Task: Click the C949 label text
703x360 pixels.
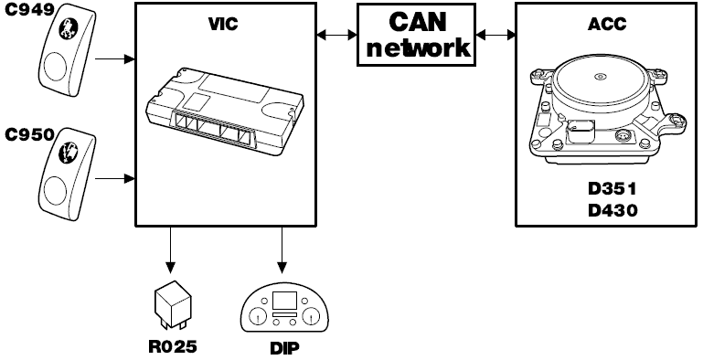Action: click(x=29, y=10)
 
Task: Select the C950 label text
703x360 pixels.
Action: click(x=29, y=134)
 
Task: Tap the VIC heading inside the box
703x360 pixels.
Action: click(x=223, y=24)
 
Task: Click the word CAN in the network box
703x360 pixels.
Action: click(x=418, y=22)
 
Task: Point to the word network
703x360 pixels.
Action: click(x=418, y=48)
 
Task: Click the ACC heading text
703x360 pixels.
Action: click(x=607, y=24)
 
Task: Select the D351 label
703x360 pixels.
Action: click(x=612, y=189)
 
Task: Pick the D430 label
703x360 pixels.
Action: click(x=612, y=210)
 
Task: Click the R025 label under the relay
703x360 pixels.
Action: click(x=173, y=346)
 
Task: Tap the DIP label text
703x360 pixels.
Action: click(x=284, y=348)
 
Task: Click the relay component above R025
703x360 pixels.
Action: click(x=173, y=302)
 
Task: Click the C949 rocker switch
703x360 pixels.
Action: click(x=68, y=50)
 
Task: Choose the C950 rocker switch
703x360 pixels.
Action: click(x=68, y=174)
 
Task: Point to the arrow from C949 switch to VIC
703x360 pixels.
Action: click(x=115, y=58)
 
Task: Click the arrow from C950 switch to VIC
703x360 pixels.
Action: click(x=115, y=179)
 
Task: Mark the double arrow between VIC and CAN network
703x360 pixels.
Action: click(x=336, y=35)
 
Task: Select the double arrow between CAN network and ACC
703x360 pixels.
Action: click(x=495, y=35)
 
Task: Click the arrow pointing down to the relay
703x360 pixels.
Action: click(x=170, y=250)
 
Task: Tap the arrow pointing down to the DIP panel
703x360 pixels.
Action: click(x=282, y=250)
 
